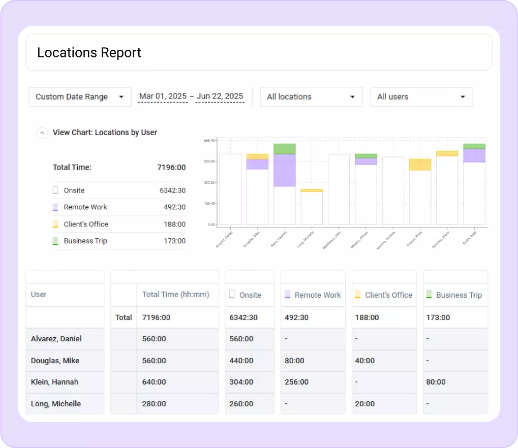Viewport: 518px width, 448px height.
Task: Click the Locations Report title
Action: click(x=89, y=53)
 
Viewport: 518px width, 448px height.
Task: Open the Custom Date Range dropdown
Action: click(x=80, y=97)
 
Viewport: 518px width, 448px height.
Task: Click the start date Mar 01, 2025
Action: click(x=163, y=97)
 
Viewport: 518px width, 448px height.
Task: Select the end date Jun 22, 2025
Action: click(x=220, y=97)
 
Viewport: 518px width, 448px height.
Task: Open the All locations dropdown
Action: click(x=311, y=97)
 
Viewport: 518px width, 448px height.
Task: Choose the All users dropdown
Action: click(x=421, y=97)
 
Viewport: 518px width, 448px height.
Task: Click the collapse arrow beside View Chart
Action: click(x=42, y=133)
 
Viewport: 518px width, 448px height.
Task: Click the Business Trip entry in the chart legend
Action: click(x=85, y=241)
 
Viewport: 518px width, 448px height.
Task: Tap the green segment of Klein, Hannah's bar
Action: click(x=285, y=149)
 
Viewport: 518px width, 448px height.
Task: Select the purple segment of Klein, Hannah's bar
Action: click(x=285, y=170)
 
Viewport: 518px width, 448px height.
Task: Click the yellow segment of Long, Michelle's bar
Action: click(x=312, y=190)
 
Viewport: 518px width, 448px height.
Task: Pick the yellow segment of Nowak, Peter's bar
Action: click(x=420, y=165)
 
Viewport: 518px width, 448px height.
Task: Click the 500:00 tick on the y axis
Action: click(x=209, y=162)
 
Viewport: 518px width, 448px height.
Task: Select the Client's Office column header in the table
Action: click(x=388, y=295)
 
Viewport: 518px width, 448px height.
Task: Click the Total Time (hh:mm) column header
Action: click(x=175, y=295)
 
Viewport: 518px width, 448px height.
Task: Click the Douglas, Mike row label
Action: click(x=55, y=361)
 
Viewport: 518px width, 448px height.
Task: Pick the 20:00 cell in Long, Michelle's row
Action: click(x=365, y=404)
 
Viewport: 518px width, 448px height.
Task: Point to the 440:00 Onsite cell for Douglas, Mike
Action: click(x=241, y=361)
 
